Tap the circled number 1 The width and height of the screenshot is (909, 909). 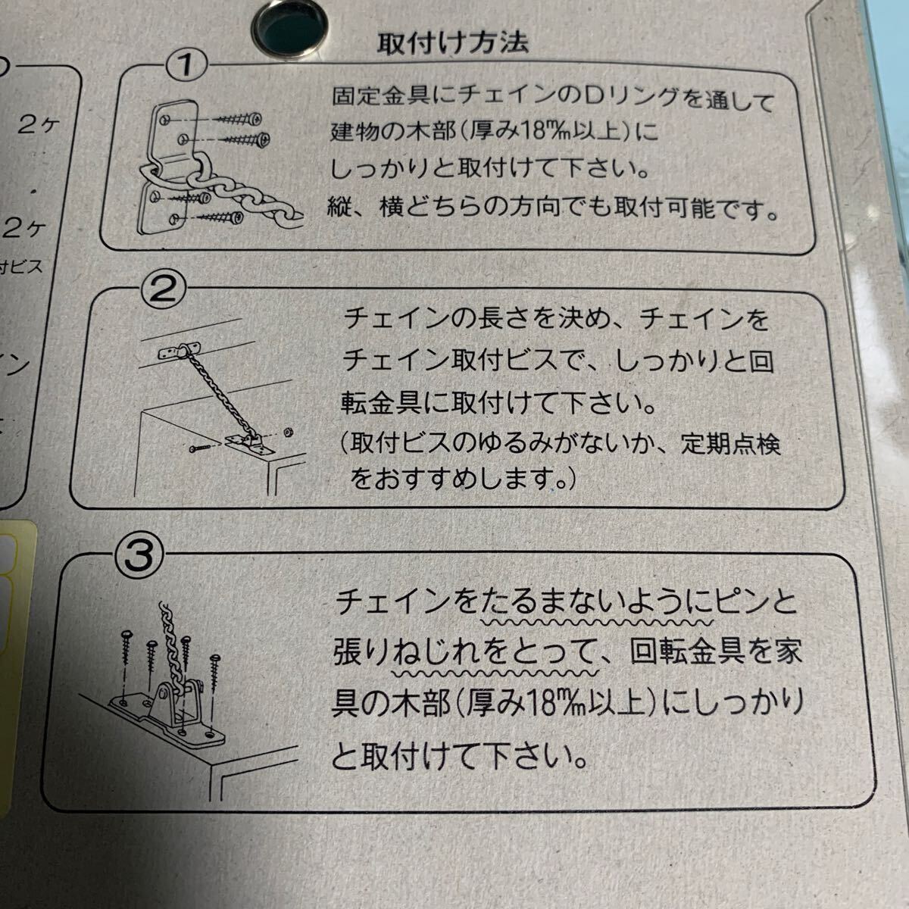tap(187, 65)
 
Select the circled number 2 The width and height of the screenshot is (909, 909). tap(163, 289)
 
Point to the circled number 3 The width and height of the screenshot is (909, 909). tap(139, 555)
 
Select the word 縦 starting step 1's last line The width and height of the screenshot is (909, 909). tap(339, 207)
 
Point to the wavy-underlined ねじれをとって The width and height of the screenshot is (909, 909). tap(495, 653)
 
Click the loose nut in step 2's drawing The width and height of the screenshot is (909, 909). tap(287, 432)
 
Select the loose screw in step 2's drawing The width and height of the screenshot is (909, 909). tap(201, 448)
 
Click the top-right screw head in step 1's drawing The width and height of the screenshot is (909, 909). tap(255, 118)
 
